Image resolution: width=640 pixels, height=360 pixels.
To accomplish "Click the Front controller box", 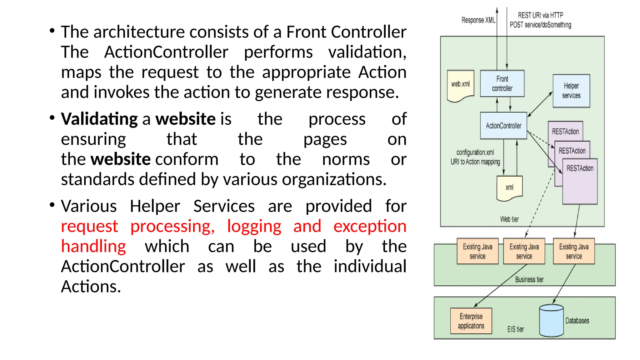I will click(x=502, y=83).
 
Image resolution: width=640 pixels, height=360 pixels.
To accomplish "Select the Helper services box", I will click(x=571, y=91).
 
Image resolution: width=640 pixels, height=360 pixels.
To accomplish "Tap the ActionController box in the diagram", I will click(x=503, y=126).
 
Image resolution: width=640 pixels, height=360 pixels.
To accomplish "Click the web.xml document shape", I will click(x=460, y=84).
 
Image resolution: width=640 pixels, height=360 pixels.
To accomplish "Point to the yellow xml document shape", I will click(x=509, y=187).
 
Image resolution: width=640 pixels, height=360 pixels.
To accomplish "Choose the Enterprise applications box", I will click(x=471, y=321).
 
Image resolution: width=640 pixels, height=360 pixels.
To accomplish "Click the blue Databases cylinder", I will click(x=551, y=321).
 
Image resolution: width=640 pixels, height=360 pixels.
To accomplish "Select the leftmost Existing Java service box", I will click(x=477, y=251).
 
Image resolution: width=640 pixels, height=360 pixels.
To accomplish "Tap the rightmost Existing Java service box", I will click(x=574, y=251).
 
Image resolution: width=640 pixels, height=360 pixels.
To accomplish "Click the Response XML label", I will click(x=478, y=20).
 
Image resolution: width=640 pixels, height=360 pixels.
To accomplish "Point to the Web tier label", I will click(x=509, y=219).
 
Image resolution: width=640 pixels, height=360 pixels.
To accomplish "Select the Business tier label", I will click(x=529, y=279).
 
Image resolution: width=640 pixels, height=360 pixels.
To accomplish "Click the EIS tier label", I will click(x=516, y=329).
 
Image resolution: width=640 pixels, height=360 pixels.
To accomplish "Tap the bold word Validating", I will click(x=99, y=119).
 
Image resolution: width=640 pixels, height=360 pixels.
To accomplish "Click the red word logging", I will click(x=254, y=226).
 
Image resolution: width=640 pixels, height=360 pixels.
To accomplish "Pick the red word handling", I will click(x=93, y=247).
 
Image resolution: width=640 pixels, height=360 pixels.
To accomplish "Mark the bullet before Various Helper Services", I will click(x=52, y=205).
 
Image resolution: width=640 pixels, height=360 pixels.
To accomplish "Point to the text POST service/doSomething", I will click(x=540, y=25).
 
